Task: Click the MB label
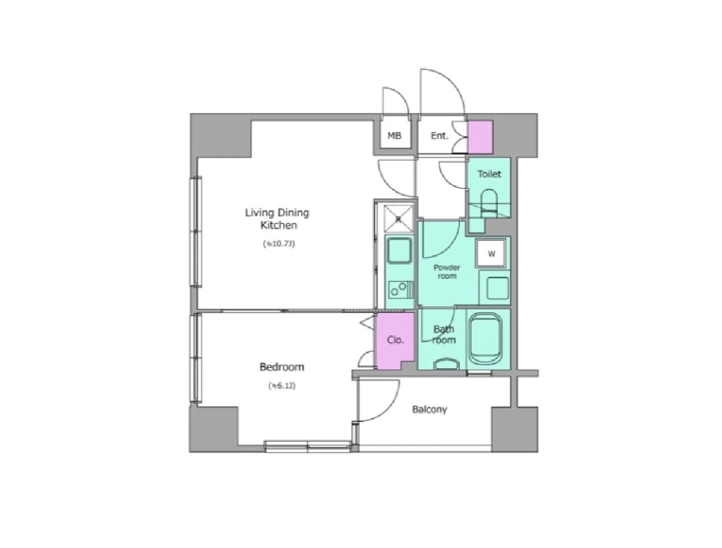395,135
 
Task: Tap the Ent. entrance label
439,135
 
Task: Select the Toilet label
489,174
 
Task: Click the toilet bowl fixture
489,203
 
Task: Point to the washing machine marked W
492,253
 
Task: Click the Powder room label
447,272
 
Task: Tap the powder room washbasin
495,287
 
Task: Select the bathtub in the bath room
485,339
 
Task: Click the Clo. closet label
395,340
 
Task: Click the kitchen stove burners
399,289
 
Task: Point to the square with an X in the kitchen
399,219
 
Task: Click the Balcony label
430,410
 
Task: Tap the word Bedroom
282,367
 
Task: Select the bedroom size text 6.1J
282,386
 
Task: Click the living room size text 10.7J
279,243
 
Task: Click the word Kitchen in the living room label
279,225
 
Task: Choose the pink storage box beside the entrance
481,137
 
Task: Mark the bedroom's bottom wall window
308,445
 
